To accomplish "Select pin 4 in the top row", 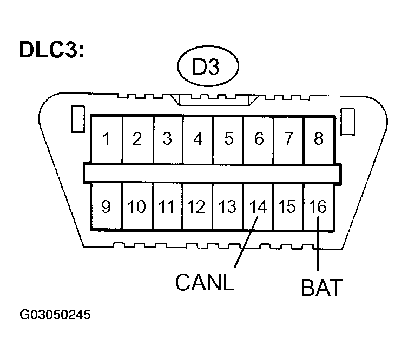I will point(198,139).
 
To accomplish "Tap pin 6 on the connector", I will point(259,139).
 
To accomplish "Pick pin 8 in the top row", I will point(319,139).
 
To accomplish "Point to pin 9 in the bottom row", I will point(107,207).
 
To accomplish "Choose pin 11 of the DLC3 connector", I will point(168,207).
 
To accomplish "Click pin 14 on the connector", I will point(259,207).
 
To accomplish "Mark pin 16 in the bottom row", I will point(319,207).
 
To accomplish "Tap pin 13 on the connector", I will point(228,207).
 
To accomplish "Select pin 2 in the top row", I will point(137,139).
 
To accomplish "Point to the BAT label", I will point(321,287).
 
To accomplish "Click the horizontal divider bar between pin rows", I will point(212,172).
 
